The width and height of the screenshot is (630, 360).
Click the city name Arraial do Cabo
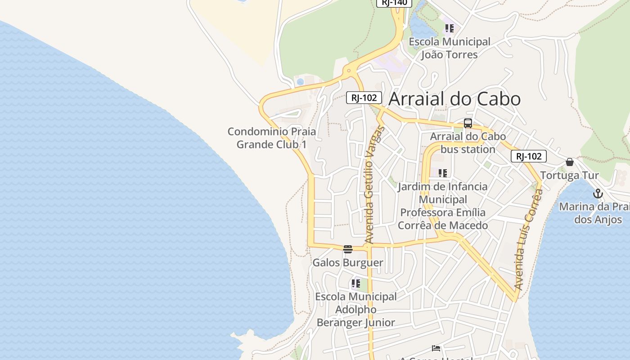[x=454, y=99]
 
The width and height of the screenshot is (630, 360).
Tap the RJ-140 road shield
[x=394, y=3]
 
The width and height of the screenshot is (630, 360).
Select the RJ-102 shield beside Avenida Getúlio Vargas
[x=364, y=98]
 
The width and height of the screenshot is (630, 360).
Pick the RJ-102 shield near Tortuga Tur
[x=529, y=156]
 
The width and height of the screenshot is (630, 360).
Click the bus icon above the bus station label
[x=468, y=123]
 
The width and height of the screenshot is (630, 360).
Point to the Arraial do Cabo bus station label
[x=468, y=143]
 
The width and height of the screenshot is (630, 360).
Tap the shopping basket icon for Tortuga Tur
[x=570, y=162]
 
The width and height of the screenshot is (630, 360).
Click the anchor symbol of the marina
[x=598, y=194]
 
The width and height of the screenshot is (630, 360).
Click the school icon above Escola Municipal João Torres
[x=449, y=29]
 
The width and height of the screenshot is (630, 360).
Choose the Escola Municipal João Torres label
[x=449, y=48]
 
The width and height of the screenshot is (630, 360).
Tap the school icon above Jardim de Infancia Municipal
[x=443, y=173]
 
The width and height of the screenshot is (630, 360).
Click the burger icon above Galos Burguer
[x=348, y=249]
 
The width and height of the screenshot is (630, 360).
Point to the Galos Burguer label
[x=348, y=263]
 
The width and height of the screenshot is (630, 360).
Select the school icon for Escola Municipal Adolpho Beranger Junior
[x=356, y=283]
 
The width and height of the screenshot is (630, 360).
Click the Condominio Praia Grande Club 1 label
[x=272, y=138]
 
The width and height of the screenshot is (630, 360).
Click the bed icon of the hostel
[x=436, y=348]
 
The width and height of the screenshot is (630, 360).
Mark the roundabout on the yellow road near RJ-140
[x=348, y=71]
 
